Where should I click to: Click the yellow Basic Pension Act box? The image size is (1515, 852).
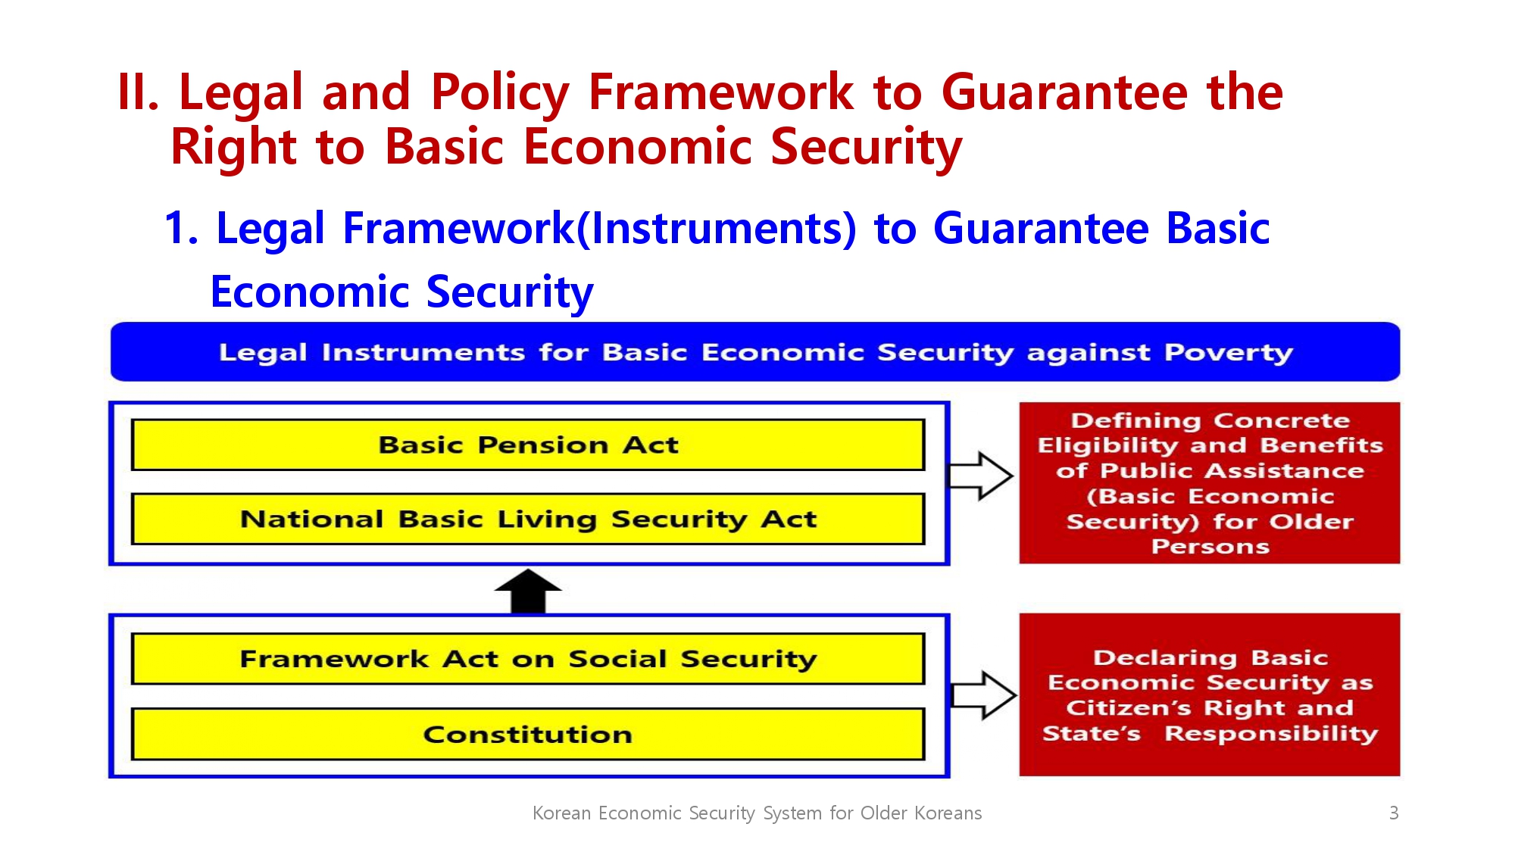click(x=528, y=445)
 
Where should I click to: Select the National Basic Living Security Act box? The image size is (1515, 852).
click(x=528, y=519)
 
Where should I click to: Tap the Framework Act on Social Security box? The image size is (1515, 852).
click(x=528, y=659)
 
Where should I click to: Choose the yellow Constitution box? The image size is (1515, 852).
click(x=528, y=734)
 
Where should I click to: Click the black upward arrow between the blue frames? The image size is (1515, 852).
click(x=528, y=591)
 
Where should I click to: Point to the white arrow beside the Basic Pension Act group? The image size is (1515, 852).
click(x=980, y=476)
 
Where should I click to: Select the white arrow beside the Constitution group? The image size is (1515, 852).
click(x=983, y=694)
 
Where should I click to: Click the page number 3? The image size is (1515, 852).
click(x=1394, y=813)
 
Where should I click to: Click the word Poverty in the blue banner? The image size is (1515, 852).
click(x=1229, y=353)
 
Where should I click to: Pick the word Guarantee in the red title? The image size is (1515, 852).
click(x=1064, y=92)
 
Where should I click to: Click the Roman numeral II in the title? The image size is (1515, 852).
click(x=138, y=92)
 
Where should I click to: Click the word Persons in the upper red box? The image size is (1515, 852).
click(x=1210, y=547)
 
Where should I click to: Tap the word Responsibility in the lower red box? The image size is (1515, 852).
click(x=1271, y=733)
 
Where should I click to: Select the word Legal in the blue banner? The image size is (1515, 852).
click(x=263, y=353)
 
